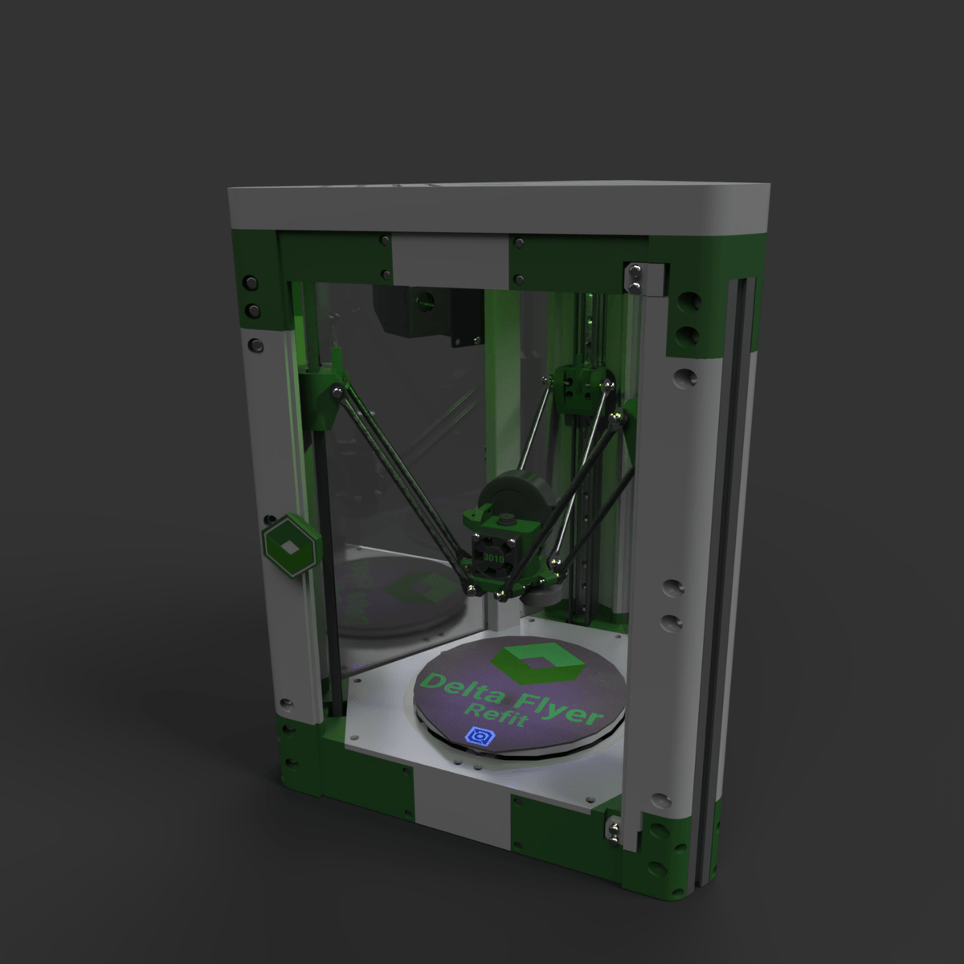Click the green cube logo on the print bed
coord(538,660)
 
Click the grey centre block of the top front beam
coord(451,259)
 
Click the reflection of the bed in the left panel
coord(402,594)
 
